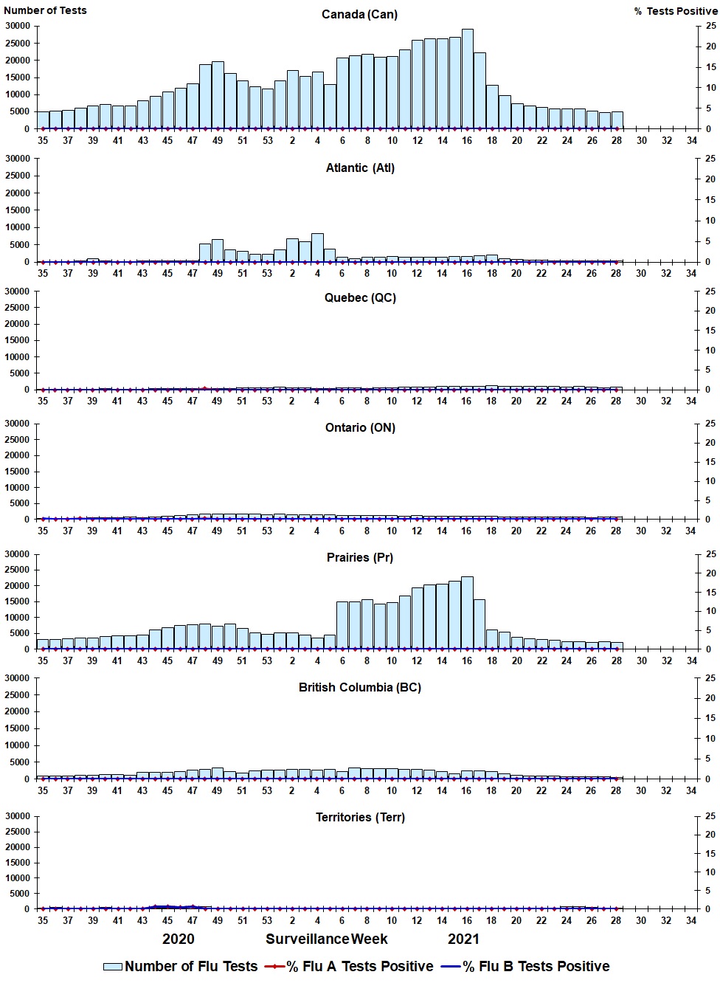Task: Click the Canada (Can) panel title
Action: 359,14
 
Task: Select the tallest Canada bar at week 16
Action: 468,79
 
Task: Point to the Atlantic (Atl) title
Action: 360,168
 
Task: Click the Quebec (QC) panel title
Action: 360,297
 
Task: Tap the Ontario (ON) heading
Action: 360,427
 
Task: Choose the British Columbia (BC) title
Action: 360,687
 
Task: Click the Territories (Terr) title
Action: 360,817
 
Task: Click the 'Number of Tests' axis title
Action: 45,10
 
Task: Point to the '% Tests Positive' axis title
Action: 675,11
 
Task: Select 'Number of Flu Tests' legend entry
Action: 181,966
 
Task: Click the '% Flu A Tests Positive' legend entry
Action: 350,966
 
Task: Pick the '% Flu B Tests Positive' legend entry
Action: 527,966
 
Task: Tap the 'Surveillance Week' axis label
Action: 327,939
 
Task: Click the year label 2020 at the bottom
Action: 179,939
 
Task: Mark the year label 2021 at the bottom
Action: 463,939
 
